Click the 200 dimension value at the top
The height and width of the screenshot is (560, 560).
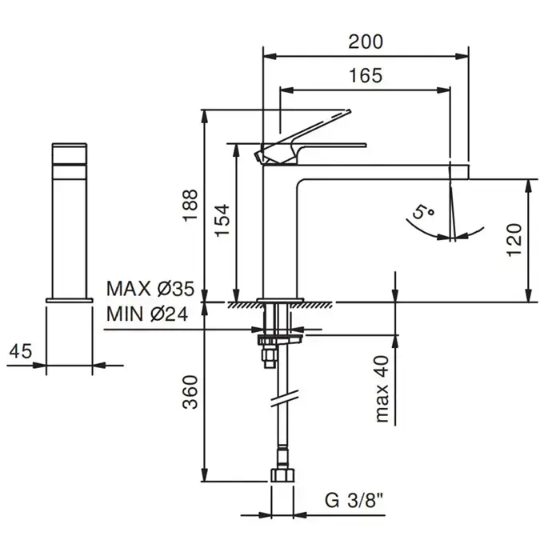(366, 42)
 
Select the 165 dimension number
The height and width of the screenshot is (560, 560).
(366, 76)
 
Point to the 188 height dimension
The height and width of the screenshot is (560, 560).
(190, 205)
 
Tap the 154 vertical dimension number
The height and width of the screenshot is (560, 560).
(222, 220)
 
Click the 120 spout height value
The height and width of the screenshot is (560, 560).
(514, 240)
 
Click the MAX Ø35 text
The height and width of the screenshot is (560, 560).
(150, 289)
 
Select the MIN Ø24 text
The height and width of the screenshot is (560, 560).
(147, 314)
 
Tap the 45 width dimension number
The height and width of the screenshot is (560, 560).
(21, 351)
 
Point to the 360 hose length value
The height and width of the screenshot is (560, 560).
(190, 392)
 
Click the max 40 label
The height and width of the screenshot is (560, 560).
(382, 389)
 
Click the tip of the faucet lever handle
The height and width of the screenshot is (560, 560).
(349, 110)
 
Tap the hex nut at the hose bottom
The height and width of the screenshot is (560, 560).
(282, 475)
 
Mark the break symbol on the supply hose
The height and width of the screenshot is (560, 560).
(284, 398)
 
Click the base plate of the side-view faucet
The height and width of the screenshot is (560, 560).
(70, 300)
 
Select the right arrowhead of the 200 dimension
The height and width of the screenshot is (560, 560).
(462, 56)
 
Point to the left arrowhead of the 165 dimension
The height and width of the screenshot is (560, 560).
(287, 90)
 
